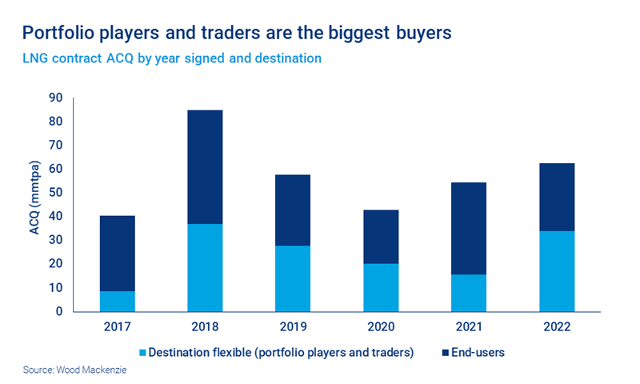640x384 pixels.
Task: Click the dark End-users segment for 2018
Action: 205,166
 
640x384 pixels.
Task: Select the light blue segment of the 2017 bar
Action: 117,301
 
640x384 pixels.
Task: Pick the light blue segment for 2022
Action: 556,271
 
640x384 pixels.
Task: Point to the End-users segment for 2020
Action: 380,237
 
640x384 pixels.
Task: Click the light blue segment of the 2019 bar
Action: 293,278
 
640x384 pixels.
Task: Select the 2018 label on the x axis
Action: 205,328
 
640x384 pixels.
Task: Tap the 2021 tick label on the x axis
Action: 468,328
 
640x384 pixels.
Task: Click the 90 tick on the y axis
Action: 55,98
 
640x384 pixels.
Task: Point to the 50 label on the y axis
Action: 55,193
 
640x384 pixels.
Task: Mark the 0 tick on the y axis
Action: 58,311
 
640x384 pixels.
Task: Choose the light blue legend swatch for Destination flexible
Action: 142,352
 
